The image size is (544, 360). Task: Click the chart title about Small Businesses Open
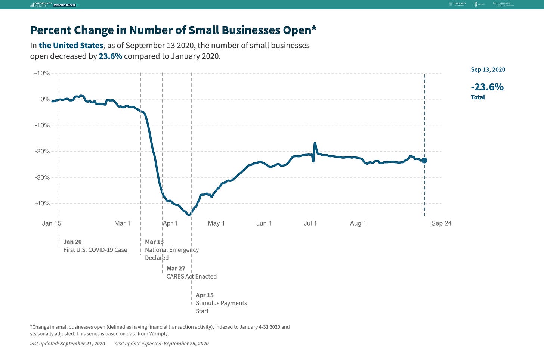click(x=173, y=30)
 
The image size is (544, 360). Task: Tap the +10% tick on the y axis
click(x=41, y=73)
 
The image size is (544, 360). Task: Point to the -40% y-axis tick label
click(x=42, y=204)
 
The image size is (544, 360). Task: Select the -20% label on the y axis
click(x=42, y=151)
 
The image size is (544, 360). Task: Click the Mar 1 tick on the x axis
click(x=122, y=223)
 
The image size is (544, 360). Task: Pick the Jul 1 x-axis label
click(x=310, y=223)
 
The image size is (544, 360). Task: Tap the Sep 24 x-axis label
click(x=441, y=223)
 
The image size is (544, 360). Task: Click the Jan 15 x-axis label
click(x=52, y=223)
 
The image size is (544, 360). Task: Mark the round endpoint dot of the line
click(x=424, y=161)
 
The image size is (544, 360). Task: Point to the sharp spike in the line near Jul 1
click(x=315, y=143)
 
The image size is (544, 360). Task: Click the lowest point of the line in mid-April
click(x=189, y=214)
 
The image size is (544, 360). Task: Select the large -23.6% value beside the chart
click(x=487, y=87)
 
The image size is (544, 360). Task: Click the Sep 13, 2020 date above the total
click(x=488, y=69)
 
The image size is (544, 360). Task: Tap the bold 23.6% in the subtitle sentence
click(x=110, y=56)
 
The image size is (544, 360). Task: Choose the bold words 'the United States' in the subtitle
click(x=71, y=46)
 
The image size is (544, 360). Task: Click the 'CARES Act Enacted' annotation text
click(x=192, y=276)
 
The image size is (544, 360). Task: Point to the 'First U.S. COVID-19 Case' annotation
click(x=95, y=250)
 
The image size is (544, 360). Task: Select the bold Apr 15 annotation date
click(x=205, y=295)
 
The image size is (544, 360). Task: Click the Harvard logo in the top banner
click(x=457, y=4)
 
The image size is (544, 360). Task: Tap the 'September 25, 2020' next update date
click(x=186, y=344)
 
